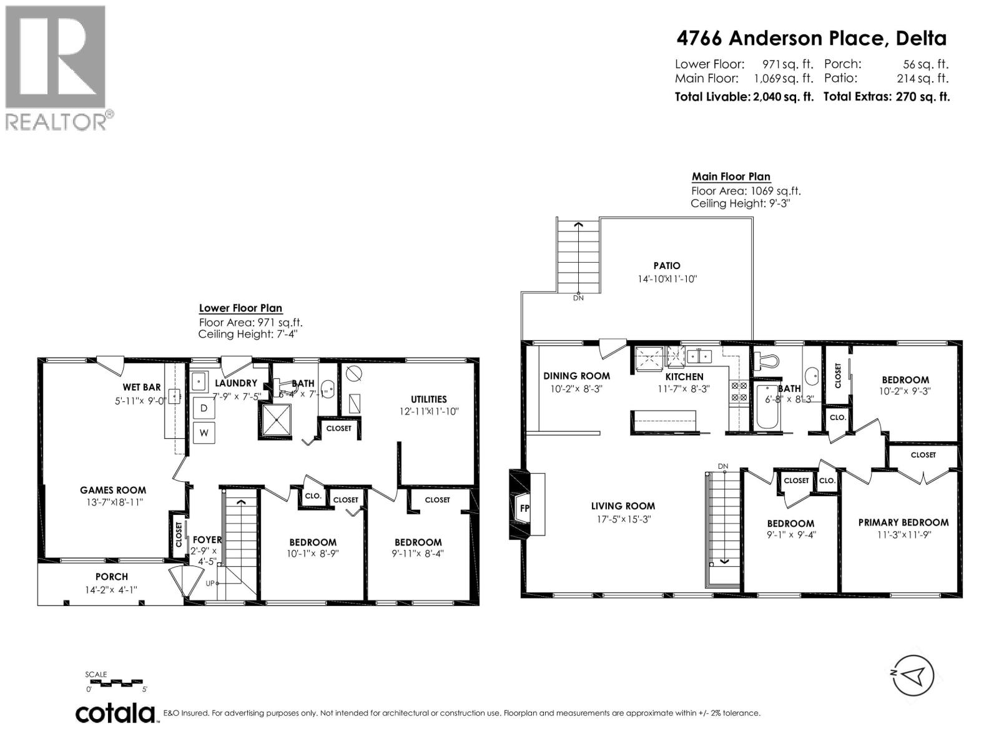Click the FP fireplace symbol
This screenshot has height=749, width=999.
tap(524, 508)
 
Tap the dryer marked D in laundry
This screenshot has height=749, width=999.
tap(204, 408)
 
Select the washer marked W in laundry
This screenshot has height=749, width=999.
tap(204, 432)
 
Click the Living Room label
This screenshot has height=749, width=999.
tap(623, 506)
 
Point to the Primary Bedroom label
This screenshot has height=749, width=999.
tap(903, 522)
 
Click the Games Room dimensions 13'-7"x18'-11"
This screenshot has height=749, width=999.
tap(113, 501)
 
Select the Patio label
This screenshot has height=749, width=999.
tap(667, 266)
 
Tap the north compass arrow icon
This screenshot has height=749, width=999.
tap(913, 675)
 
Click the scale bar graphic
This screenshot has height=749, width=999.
tap(117, 683)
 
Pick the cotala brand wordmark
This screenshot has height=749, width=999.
tap(116, 713)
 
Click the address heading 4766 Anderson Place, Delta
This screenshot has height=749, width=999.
tap(812, 39)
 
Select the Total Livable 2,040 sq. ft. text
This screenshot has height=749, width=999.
tap(744, 97)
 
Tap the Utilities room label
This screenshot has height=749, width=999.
tap(428, 399)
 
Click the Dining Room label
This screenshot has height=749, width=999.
tap(576, 376)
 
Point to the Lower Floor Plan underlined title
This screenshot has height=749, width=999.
tap(240, 308)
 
